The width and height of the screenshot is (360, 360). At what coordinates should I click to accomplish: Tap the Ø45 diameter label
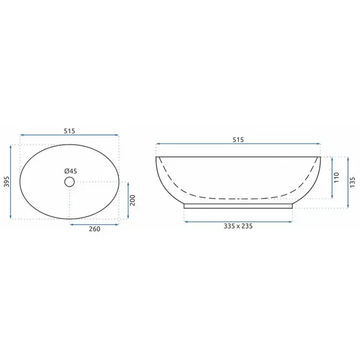(70, 171)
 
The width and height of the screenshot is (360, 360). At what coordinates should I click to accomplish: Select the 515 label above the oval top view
(70, 131)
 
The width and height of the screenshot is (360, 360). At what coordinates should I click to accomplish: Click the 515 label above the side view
(238, 140)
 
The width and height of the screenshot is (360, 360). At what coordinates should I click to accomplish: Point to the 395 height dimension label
(7, 181)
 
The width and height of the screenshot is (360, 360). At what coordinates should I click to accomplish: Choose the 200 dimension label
(133, 200)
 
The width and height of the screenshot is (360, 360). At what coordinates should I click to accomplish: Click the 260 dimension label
(95, 229)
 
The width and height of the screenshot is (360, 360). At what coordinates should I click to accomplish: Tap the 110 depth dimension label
(337, 177)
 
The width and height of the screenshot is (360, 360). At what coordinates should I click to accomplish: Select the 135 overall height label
(352, 182)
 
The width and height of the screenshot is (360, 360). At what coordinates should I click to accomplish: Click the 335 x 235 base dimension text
(238, 226)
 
